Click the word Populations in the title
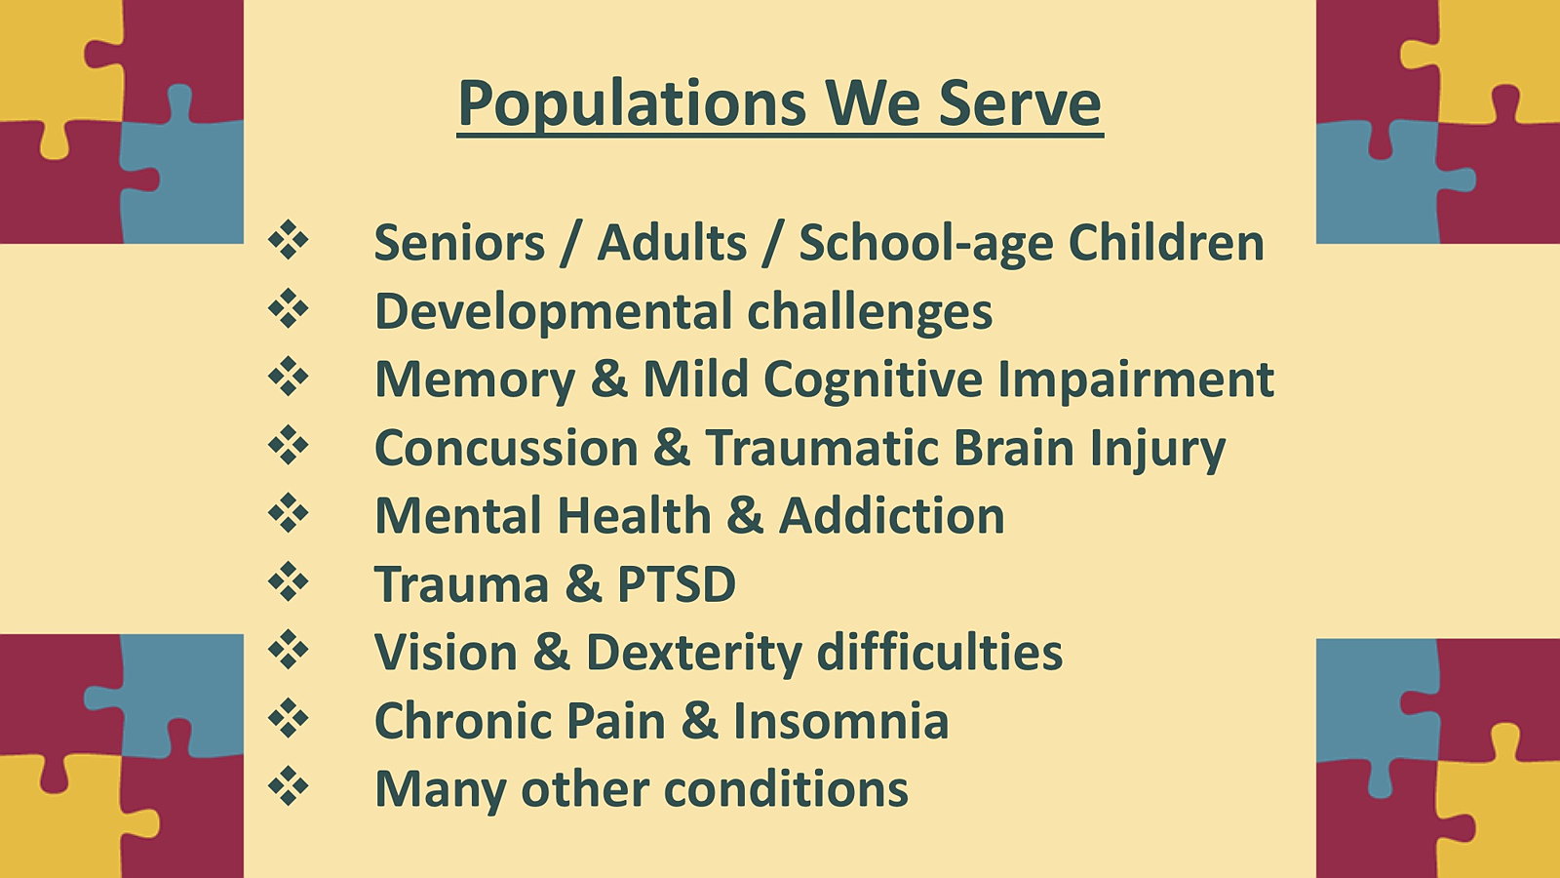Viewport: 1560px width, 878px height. tap(632, 104)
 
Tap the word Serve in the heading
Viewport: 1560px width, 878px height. tap(1020, 103)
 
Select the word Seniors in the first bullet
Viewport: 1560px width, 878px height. tap(459, 243)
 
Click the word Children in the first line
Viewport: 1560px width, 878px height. tap(1166, 242)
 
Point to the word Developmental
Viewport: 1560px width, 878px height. tap(553, 311)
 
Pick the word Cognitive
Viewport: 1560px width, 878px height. tap(873, 379)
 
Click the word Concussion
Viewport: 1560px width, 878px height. tap(506, 448)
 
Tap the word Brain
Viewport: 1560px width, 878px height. tap(1013, 447)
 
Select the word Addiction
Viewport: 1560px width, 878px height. tap(891, 516)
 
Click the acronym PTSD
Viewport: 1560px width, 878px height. tap(677, 584)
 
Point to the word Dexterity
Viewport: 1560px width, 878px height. tap(693, 654)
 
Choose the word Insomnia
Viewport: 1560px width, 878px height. tap(840, 721)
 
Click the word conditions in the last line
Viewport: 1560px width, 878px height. tap(786, 789)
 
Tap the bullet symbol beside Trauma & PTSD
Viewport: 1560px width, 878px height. tap(289, 580)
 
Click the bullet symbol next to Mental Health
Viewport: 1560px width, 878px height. tap(289, 512)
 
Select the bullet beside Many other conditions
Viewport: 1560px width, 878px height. tap(289, 785)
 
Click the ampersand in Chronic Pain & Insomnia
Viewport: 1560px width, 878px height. tap(700, 721)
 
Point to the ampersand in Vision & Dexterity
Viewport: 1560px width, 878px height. tap(552, 653)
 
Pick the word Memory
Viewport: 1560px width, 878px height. tap(475, 380)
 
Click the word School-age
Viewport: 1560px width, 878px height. tap(926, 243)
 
